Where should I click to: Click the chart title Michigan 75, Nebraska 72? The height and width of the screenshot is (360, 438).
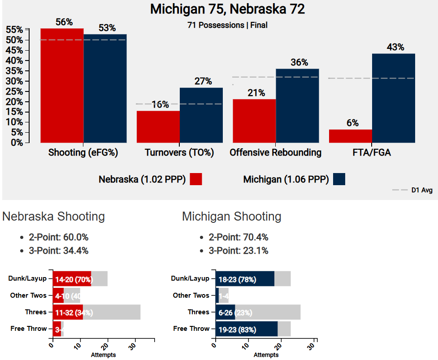(227, 9)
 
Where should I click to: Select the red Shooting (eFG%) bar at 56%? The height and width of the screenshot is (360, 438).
(62, 85)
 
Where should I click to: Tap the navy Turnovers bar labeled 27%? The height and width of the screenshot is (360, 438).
(201, 115)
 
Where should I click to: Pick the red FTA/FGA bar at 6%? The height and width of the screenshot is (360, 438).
(350, 136)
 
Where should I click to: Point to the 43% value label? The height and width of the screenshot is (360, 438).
(395, 48)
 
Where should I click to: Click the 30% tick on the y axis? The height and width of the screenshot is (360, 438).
(17, 81)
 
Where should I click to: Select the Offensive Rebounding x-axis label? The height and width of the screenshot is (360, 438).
(275, 153)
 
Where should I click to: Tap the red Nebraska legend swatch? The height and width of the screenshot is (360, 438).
(196, 179)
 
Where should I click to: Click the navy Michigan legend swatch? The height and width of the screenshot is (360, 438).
(339, 179)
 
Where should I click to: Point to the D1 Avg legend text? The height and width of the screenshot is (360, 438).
(421, 191)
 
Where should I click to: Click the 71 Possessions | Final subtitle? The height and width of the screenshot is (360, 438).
(227, 25)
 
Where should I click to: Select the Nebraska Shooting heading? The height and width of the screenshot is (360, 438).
(53, 217)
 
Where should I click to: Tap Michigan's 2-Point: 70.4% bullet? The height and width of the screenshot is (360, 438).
(239, 237)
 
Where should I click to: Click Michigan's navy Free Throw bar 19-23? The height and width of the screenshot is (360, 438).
(246, 329)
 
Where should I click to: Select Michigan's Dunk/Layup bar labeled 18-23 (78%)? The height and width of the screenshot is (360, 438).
(245, 279)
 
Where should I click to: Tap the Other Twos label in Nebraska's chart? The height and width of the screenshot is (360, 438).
(28, 295)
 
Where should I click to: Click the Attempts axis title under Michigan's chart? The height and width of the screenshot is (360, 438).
(266, 355)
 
